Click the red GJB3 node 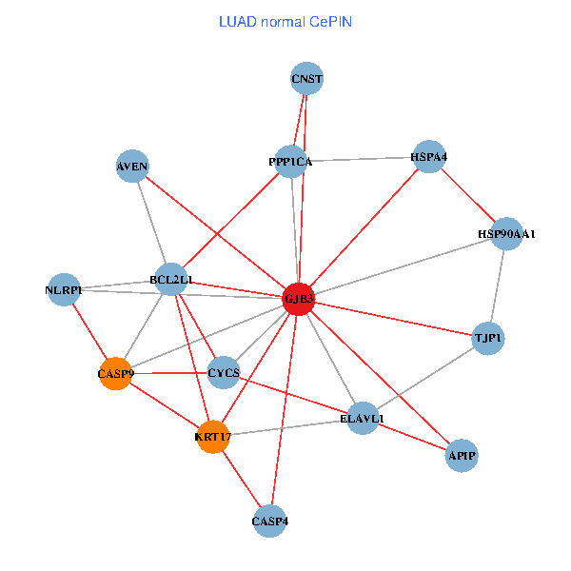pyautogui.click(x=299, y=299)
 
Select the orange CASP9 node pyautogui.click(x=116, y=374)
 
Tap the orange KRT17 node pyautogui.click(x=214, y=437)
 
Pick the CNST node pyautogui.click(x=307, y=79)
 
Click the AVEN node pyautogui.click(x=132, y=167)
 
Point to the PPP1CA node pyautogui.click(x=290, y=162)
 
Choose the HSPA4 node pyautogui.click(x=429, y=156)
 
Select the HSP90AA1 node pyautogui.click(x=506, y=233)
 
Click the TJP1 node pyautogui.click(x=487, y=338)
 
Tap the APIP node pyautogui.click(x=462, y=457)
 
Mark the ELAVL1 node pyautogui.click(x=363, y=418)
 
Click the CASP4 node pyautogui.click(x=270, y=521)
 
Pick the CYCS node pyautogui.click(x=224, y=372)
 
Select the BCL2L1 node pyautogui.click(x=171, y=280)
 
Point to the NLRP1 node pyautogui.click(x=64, y=289)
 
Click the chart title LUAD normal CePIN pyautogui.click(x=285, y=21)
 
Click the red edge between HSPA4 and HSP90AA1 pyautogui.click(x=467, y=194)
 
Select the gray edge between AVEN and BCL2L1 pyautogui.click(x=152, y=224)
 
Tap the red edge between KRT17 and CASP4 pyautogui.click(x=242, y=479)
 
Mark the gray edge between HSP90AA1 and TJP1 pyautogui.click(x=497, y=285)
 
